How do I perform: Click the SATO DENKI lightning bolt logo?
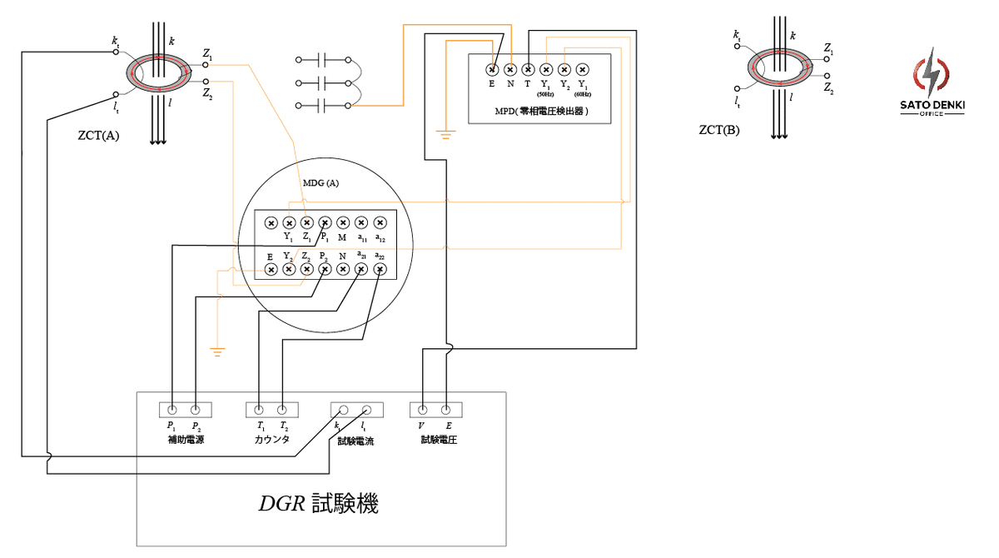(x=932, y=75)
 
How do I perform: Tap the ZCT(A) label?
(x=97, y=135)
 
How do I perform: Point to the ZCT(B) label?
(x=719, y=131)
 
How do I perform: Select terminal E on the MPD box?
(x=492, y=70)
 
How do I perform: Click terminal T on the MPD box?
(x=528, y=70)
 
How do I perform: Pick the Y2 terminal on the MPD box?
(x=564, y=70)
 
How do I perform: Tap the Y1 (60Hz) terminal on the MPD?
(x=583, y=70)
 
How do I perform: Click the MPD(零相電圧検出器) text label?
(x=539, y=110)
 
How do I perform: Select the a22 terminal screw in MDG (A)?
(x=380, y=268)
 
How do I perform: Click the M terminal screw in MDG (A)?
(x=343, y=222)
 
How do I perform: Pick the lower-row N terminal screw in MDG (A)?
(x=343, y=268)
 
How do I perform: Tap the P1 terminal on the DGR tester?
(x=171, y=410)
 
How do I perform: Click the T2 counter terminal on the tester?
(x=282, y=410)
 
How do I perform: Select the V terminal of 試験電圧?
(x=423, y=410)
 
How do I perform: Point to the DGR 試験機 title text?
(x=318, y=504)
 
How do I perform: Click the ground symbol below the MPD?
(x=445, y=134)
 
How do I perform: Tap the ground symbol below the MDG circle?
(x=218, y=351)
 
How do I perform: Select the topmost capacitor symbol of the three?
(x=323, y=60)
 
